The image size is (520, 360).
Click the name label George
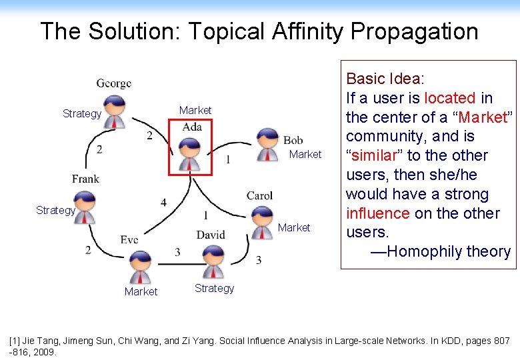point(114,83)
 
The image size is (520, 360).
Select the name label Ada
point(192,127)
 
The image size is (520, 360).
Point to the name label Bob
point(293,140)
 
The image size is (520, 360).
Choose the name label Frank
point(85,179)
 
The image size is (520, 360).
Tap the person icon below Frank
point(85,207)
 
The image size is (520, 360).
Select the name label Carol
point(259,195)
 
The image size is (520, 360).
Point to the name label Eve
point(129,239)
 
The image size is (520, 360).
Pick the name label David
point(211,235)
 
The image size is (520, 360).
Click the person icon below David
point(213,261)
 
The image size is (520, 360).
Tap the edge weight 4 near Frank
point(163,202)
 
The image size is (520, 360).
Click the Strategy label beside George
point(82,114)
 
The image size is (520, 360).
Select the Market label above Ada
point(195,110)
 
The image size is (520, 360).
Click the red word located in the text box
point(449,98)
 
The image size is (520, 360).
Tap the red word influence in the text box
point(377,213)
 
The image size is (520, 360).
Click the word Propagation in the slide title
point(414,31)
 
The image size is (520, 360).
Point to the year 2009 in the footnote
point(44,351)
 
